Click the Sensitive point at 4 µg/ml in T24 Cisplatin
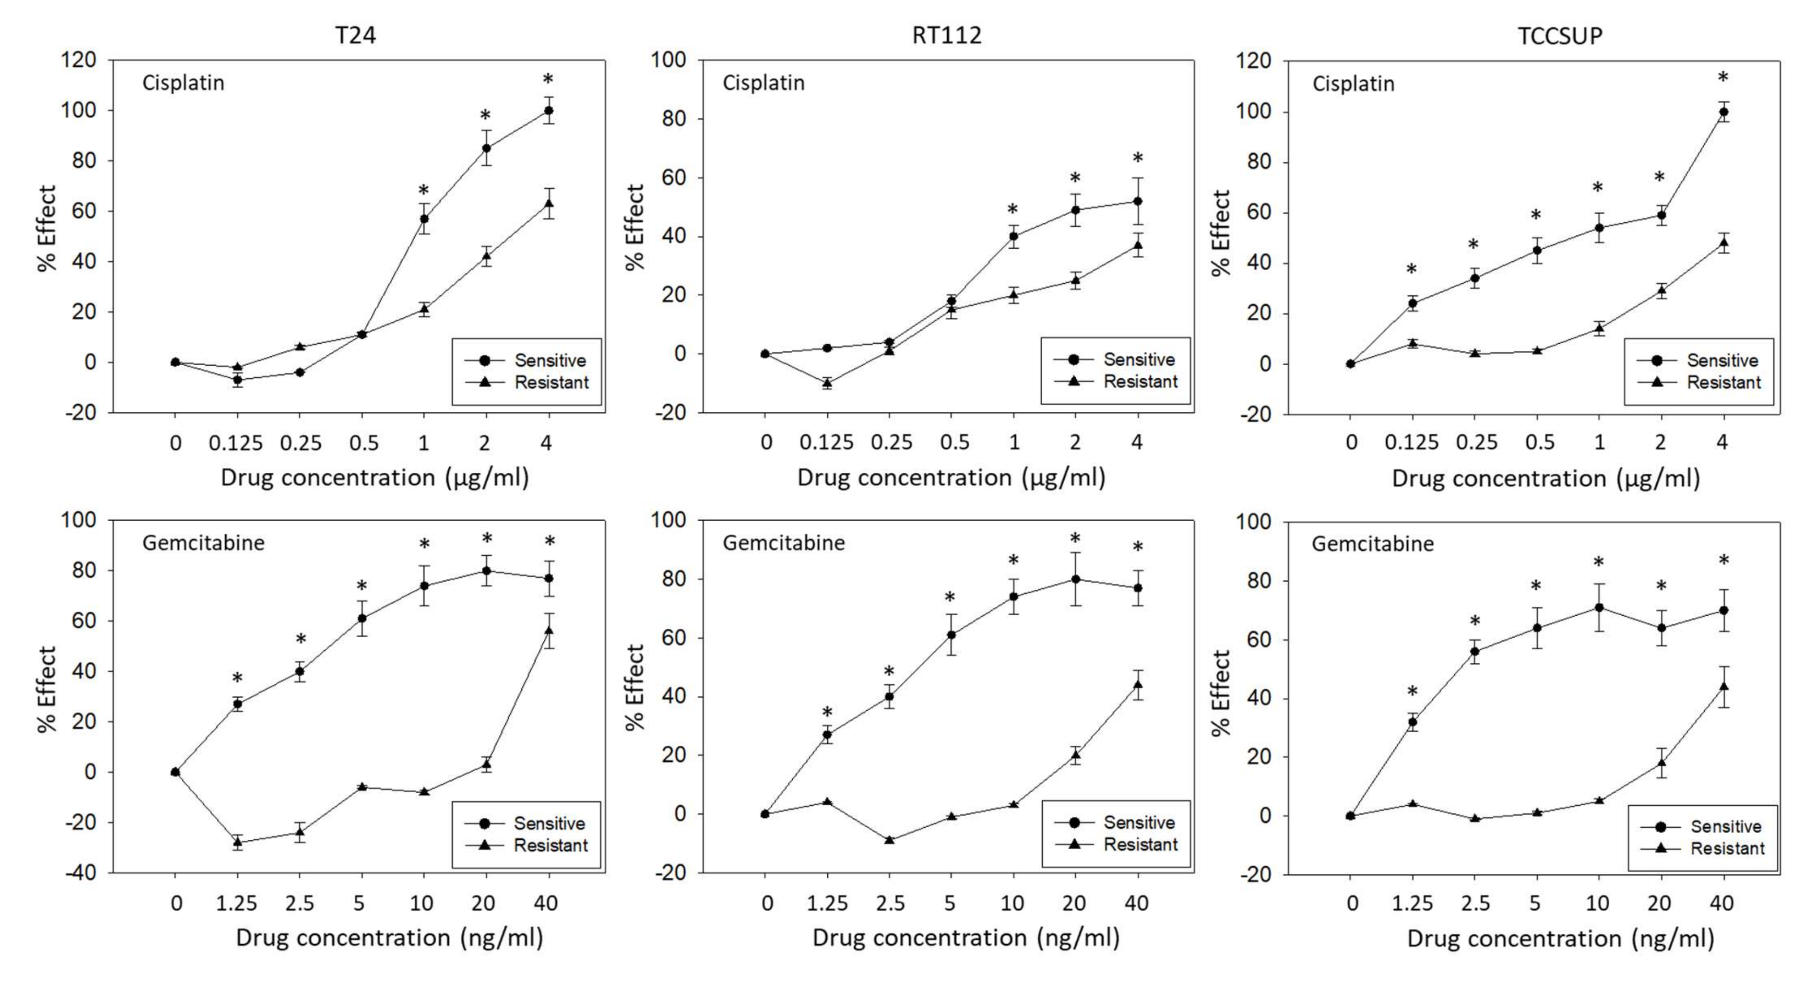tap(549, 111)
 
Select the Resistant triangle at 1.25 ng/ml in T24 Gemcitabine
tap(238, 842)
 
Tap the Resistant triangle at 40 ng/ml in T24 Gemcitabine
tap(549, 630)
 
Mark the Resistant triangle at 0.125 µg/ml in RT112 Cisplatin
tap(827, 383)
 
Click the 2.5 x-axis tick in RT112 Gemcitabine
tap(890, 903)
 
